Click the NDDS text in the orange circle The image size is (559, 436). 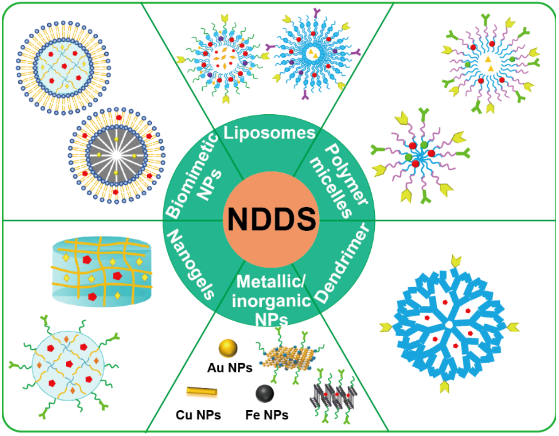(271, 219)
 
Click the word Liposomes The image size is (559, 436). (269, 133)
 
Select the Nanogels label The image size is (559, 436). (191, 264)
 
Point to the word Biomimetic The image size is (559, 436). (192, 175)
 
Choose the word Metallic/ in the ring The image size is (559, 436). (271, 282)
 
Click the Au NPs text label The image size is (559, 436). (230, 368)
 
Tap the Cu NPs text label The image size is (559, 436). (198, 415)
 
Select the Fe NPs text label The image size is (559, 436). (267, 415)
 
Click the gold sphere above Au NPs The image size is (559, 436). (228, 348)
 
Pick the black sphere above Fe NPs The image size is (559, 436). (265, 393)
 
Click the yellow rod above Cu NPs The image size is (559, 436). (202, 391)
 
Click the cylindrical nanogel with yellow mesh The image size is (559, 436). (102, 272)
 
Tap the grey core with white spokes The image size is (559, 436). (116, 155)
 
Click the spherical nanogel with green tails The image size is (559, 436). (68, 366)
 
